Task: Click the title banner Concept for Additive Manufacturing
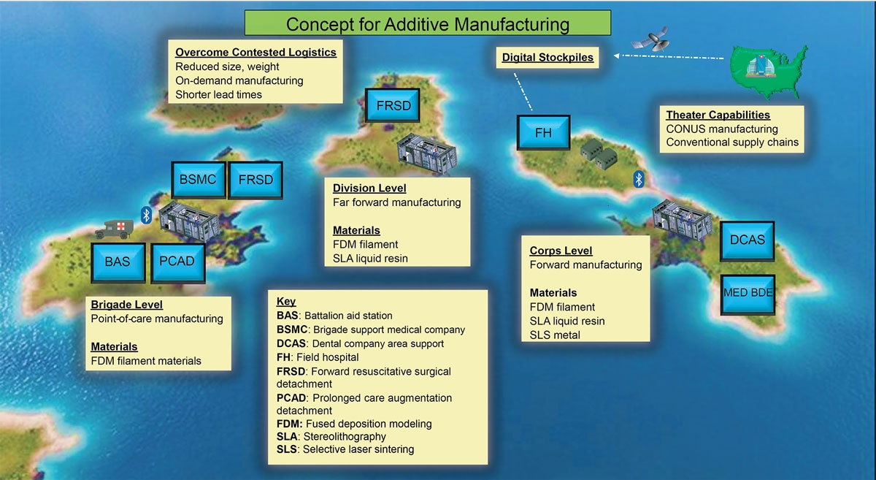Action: (x=427, y=23)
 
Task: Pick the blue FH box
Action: (x=543, y=134)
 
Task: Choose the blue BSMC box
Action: (x=197, y=180)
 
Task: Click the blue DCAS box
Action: (x=748, y=239)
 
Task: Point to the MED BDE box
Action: (x=748, y=293)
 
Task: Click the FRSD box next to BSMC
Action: (x=255, y=180)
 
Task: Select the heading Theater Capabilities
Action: (x=718, y=115)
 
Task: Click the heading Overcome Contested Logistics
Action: (x=255, y=53)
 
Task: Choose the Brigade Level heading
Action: (x=126, y=305)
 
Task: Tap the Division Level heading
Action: (x=369, y=188)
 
